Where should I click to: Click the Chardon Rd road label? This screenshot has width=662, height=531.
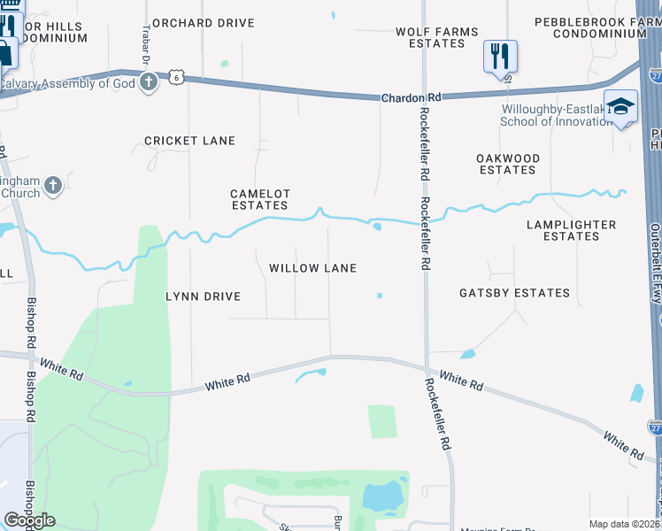[411, 98]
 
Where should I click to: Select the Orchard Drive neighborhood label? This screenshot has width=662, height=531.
[203, 23]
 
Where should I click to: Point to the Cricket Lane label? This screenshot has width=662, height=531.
[189, 141]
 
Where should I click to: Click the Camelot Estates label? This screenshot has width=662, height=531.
[260, 199]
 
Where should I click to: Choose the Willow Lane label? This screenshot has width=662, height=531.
[312, 268]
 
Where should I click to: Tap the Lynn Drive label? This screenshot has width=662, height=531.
[204, 296]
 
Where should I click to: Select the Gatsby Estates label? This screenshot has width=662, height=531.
[514, 293]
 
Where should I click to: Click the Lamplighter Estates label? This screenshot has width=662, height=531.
[571, 230]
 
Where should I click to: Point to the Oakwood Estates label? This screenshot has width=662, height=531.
[508, 164]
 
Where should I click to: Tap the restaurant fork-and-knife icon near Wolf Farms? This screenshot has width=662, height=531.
[500, 56]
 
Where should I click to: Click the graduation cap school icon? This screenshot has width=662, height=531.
[620, 106]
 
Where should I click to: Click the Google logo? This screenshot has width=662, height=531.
[29, 520]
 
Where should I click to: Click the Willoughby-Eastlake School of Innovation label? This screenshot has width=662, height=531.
[553, 115]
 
